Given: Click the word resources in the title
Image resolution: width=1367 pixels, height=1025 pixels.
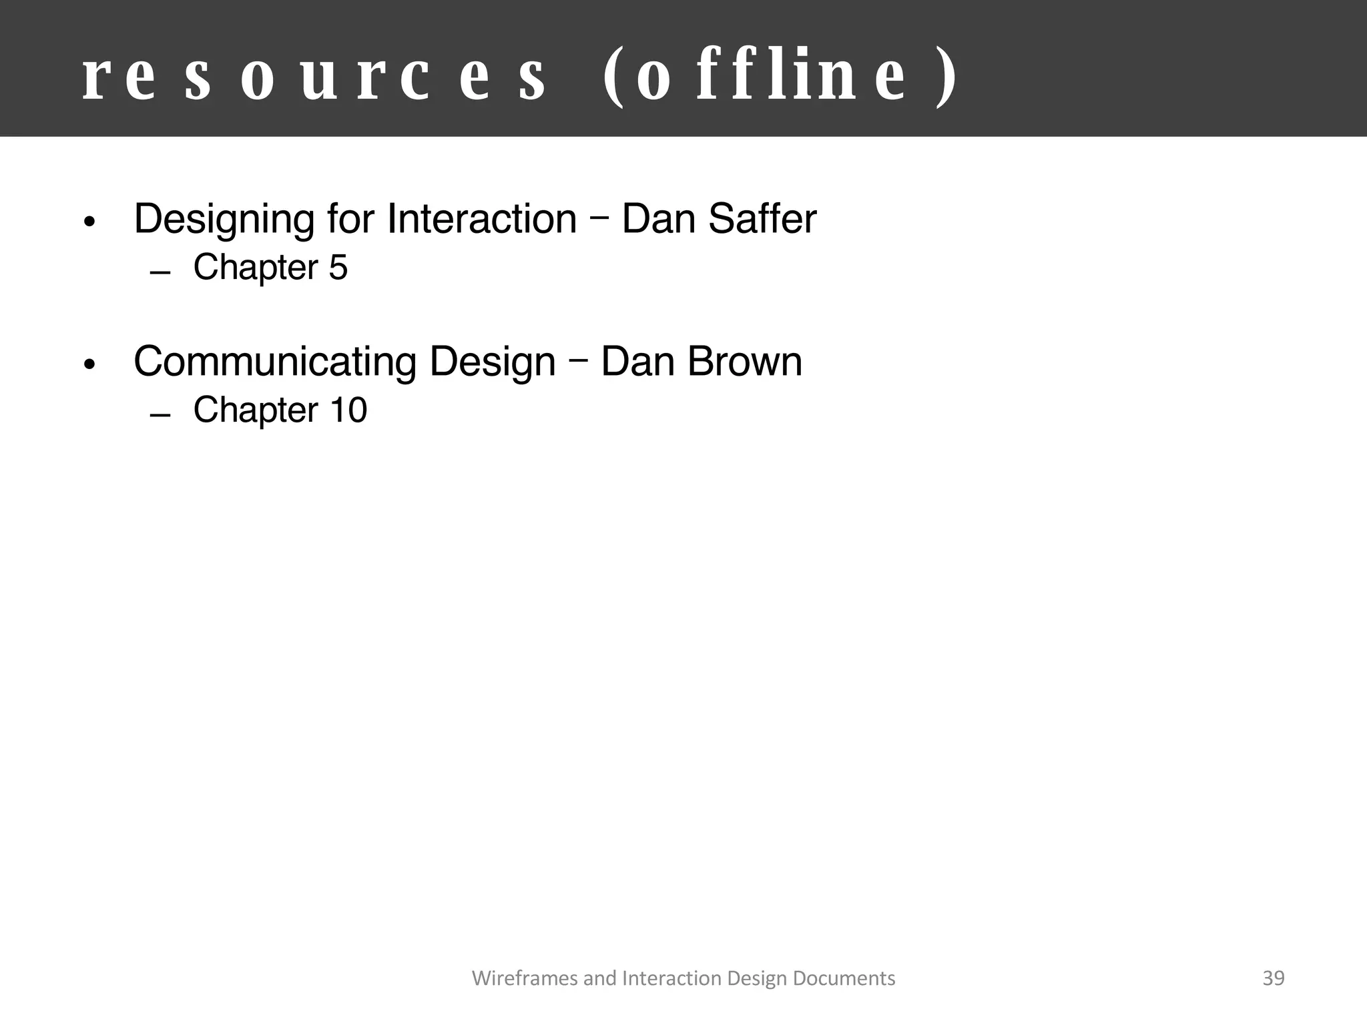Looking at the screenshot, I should coord(314,78).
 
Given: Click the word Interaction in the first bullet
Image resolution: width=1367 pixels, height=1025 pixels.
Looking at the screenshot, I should coord(481,219).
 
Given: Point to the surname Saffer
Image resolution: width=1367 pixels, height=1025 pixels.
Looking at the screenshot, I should coord(762,219).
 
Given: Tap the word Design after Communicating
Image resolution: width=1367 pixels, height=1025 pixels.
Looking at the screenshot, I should coord(492,362).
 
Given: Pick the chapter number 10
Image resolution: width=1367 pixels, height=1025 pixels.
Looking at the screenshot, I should coord(348,410).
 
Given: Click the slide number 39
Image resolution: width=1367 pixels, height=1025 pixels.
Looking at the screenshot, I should coord(1274,978).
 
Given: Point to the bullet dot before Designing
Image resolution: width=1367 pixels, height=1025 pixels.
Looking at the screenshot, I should coord(90,222).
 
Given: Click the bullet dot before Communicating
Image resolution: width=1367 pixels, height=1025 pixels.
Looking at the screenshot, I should coord(90,365).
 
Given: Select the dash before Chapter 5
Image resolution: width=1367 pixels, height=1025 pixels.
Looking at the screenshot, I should coord(161,273).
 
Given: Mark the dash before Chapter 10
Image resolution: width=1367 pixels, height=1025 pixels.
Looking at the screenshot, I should coord(161,416).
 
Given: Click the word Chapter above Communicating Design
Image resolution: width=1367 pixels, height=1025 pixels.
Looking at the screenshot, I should coord(256,267).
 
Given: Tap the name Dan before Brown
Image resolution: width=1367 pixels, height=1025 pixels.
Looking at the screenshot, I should coord(637,362).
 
